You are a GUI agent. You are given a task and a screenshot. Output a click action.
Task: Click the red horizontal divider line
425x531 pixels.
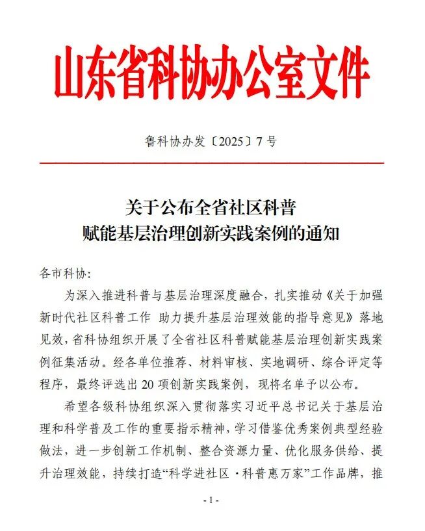pos(212,162)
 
